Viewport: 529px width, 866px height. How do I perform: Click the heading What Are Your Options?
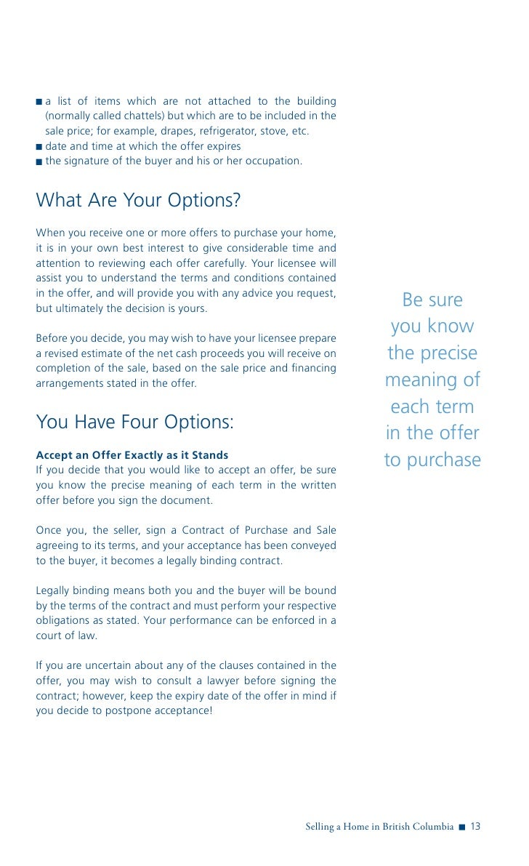(138, 200)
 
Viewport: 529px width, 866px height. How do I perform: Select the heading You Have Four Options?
(134, 422)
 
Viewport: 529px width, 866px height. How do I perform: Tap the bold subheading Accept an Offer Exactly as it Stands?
(132, 455)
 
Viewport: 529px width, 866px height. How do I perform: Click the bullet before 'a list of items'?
(39, 100)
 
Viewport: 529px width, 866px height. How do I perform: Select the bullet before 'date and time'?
(39, 146)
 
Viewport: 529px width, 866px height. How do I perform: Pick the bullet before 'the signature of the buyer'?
(39, 161)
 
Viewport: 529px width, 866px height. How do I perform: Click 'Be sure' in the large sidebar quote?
(432, 300)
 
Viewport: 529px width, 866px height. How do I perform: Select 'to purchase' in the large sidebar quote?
(432, 460)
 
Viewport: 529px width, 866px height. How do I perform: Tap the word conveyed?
(312, 545)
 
